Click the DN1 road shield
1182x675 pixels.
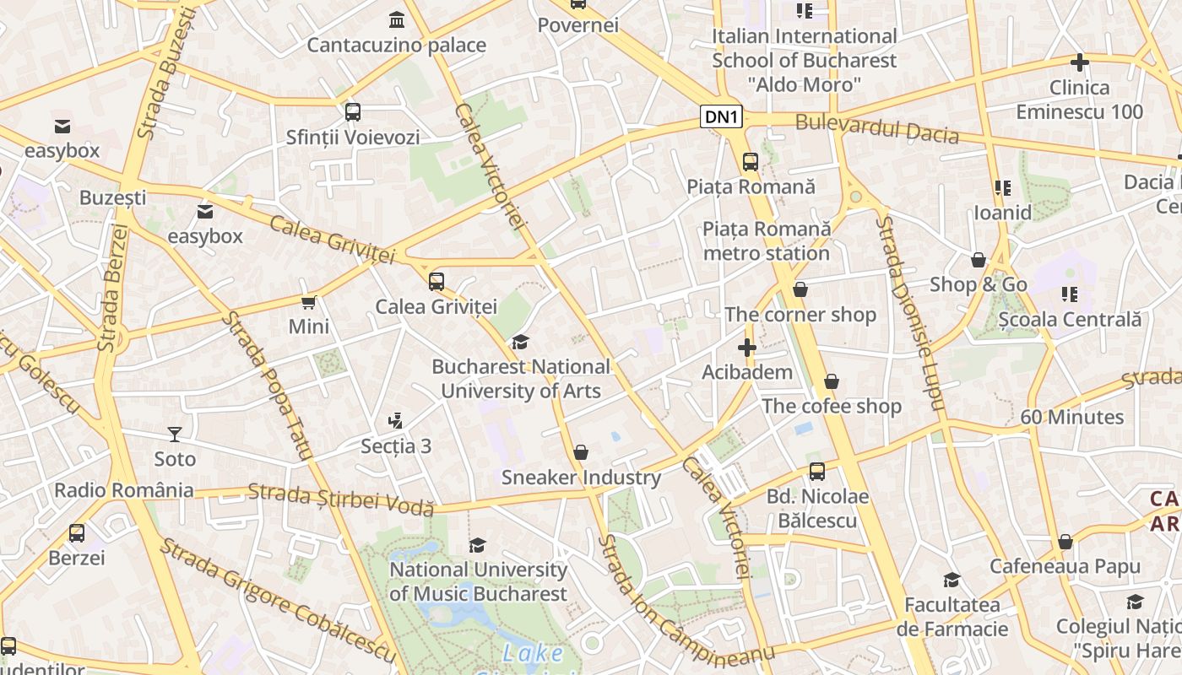coord(721,117)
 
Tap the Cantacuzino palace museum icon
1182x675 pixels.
coord(396,19)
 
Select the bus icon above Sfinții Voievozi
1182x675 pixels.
coord(353,111)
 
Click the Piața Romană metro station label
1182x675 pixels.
coord(767,241)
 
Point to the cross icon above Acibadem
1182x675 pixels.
coord(746,348)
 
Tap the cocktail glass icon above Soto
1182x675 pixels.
coord(175,435)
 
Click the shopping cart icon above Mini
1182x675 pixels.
coord(309,302)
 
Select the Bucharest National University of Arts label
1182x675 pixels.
coord(521,379)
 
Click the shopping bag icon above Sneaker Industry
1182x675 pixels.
coord(581,453)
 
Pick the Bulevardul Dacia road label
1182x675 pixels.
coord(877,129)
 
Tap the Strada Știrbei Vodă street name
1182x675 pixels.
coord(341,499)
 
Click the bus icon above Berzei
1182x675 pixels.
coord(77,533)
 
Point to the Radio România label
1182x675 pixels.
coord(124,490)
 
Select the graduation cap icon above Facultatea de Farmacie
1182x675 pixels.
coord(952,580)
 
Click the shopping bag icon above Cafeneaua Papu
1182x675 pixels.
coord(1065,542)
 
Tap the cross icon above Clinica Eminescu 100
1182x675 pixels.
coord(1079,62)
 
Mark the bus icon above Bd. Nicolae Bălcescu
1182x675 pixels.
coord(816,472)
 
